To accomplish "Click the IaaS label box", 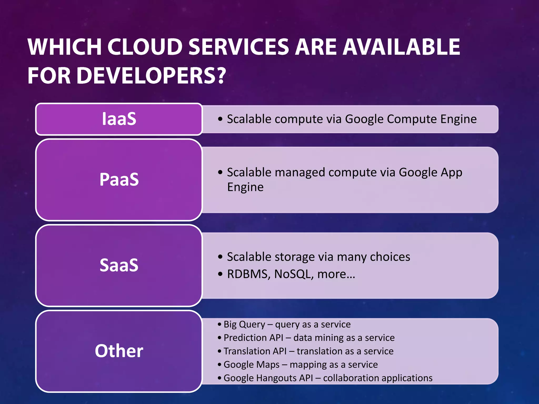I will (x=119, y=119).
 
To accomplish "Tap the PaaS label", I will (x=119, y=179).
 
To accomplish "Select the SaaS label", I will (x=119, y=265).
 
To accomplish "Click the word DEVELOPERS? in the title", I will (x=151, y=76).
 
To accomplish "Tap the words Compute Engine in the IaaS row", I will (x=432, y=119).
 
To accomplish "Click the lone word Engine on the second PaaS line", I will (x=245, y=187).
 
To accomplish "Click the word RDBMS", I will (x=247, y=274).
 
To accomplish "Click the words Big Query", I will (x=244, y=325).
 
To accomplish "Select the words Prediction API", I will (x=253, y=338).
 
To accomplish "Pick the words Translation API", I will (x=255, y=351).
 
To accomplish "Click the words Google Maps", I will (x=251, y=365).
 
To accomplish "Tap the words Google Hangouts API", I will (x=268, y=378).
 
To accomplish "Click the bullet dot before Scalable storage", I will (x=220, y=257).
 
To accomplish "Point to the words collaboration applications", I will (x=378, y=378).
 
